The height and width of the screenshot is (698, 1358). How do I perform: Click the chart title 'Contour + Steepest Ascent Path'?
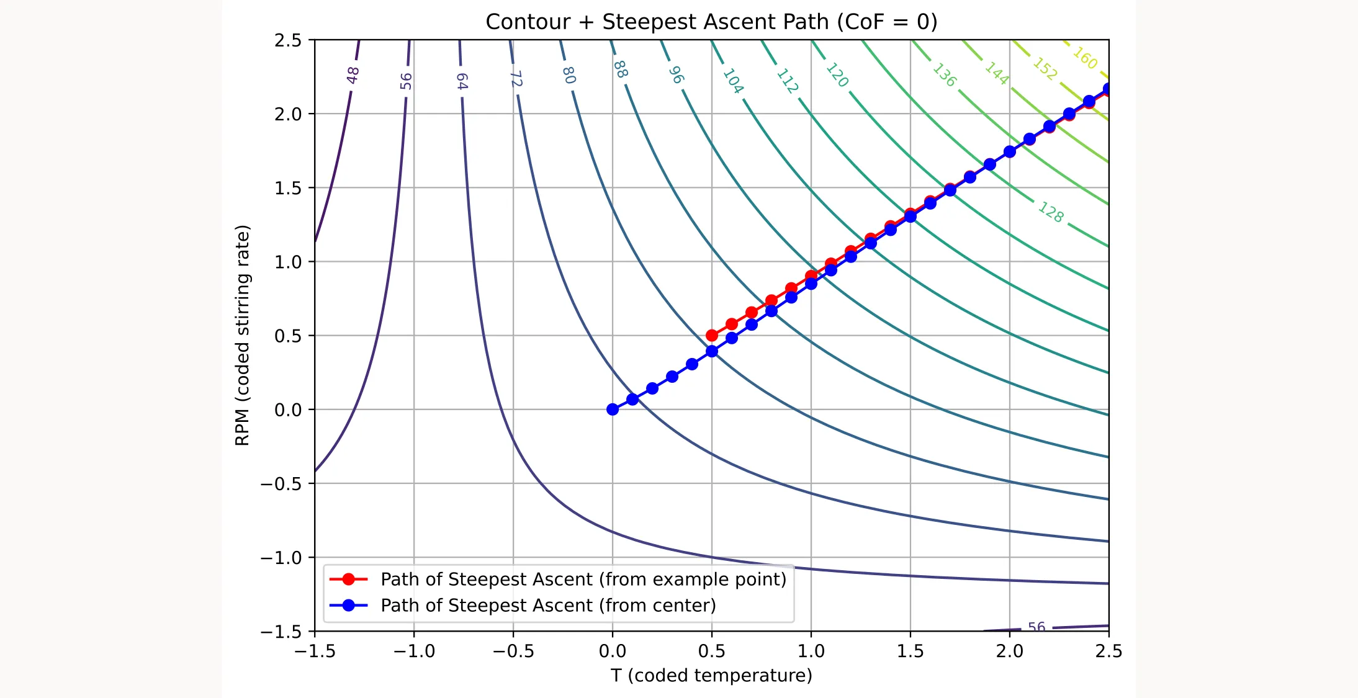point(711,22)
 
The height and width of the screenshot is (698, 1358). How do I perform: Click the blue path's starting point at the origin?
point(613,409)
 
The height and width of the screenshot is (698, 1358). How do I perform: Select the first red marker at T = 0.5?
point(712,336)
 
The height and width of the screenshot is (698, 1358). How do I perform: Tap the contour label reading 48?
point(353,75)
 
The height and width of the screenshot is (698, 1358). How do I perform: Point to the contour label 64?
point(462,81)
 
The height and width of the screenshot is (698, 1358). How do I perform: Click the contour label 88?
point(620,69)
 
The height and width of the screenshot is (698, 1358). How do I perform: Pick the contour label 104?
point(733,81)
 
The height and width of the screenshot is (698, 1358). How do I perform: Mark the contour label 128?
point(1051,212)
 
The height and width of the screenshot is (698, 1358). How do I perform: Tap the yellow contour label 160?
point(1085,58)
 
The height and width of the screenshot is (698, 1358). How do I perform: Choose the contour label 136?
point(945,74)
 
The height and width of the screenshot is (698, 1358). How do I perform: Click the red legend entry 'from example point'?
point(583,579)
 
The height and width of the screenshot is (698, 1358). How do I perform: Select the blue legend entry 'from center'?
point(548,606)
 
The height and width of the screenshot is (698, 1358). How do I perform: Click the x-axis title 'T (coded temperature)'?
point(711,676)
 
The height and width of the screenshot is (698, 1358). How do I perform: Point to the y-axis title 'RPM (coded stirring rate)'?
point(243,335)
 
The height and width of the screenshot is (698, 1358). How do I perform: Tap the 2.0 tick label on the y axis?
point(287,114)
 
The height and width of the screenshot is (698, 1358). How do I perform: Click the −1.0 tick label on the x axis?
point(414,651)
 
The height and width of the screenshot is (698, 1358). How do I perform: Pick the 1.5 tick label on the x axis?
point(911,651)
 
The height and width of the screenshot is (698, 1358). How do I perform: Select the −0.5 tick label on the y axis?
point(281,484)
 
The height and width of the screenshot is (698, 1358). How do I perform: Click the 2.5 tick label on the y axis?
point(287,40)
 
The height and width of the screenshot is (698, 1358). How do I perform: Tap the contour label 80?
point(569,75)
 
